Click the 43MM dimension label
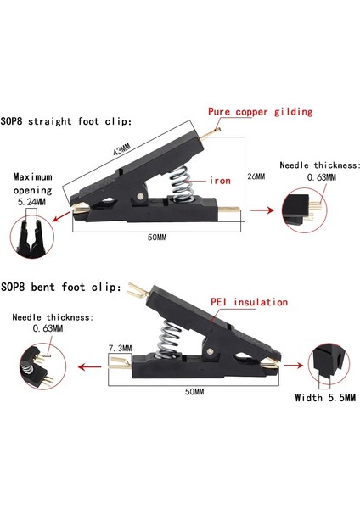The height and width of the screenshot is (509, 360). [122, 149]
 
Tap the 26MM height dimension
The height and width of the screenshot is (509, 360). [256, 176]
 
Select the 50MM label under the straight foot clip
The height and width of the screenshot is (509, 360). [157, 238]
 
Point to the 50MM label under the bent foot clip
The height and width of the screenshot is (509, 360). [194, 391]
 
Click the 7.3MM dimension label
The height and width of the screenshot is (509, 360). [121, 349]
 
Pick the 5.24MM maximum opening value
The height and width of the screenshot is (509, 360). [31, 202]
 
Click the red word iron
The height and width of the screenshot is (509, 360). [220, 181]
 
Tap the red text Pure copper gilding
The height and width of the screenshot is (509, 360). [261, 112]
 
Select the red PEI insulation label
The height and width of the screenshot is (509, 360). [250, 302]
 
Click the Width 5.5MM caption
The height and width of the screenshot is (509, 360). [325, 398]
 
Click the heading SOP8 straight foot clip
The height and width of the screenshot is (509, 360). [66, 121]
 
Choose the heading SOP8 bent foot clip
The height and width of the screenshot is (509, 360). [61, 288]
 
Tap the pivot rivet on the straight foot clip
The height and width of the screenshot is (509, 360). [140, 196]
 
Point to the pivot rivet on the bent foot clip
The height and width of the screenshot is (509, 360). [210, 351]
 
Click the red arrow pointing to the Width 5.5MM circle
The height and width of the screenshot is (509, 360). [294, 366]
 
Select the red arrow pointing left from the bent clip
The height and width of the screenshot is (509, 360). [90, 367]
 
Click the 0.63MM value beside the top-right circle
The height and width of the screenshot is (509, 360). [321, 177]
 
